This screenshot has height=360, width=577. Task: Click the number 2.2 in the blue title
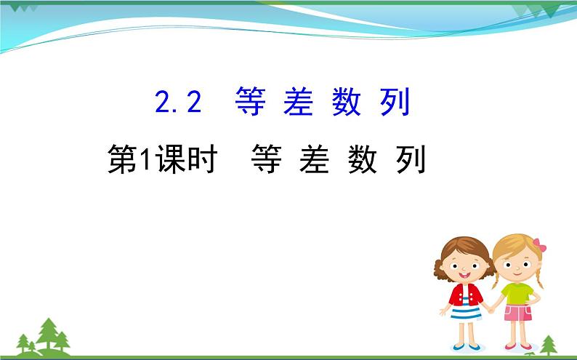pos(178,103)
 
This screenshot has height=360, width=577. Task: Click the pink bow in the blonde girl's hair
pos(538,245)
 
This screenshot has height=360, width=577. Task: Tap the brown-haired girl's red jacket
pos(465,295)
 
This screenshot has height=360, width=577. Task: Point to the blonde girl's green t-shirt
pos(517,292)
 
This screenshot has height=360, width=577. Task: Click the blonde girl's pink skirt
pos(518,313)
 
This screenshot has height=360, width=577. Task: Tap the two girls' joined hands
pos(491,308)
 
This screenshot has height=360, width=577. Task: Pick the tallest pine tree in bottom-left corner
pos(49,332)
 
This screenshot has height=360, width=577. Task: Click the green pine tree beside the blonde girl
pos(549,343)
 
